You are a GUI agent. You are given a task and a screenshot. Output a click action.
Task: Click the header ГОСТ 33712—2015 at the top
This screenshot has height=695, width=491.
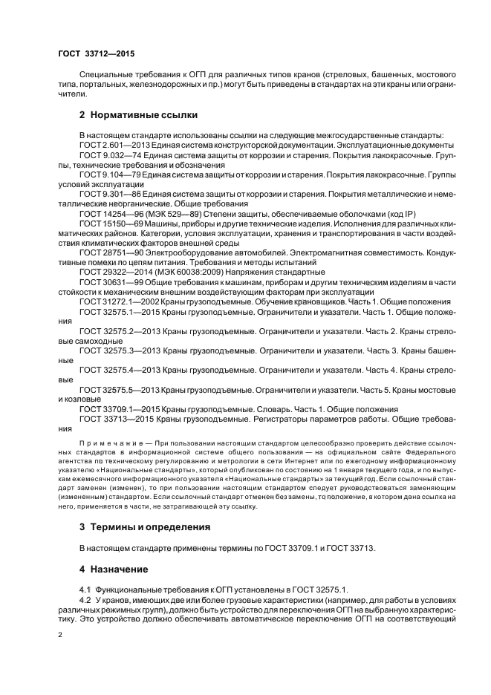pos(96,54)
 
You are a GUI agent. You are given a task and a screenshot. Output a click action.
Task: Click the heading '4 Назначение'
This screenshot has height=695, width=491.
pos(114,570)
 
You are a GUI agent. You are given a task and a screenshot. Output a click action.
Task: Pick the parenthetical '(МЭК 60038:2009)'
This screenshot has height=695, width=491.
pos(195,271)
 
